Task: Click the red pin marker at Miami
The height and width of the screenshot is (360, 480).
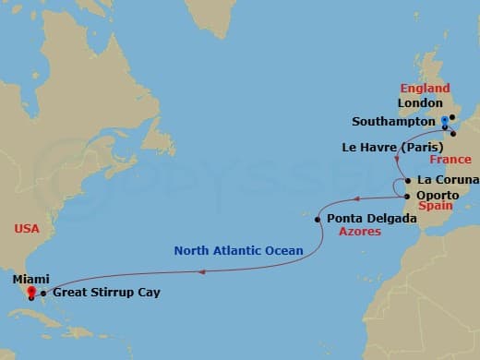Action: [32, 293]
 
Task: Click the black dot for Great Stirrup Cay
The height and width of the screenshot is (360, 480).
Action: [43, 293]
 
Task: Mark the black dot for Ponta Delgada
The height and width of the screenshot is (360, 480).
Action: [320, 219]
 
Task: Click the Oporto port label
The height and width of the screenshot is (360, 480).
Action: [438, 195]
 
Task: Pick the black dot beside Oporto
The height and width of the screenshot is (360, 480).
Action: [407, 195]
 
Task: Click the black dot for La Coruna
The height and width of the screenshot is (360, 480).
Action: [407, 179]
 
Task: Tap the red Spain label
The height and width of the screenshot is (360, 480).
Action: [435, 209]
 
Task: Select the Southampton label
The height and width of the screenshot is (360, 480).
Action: [394, 121]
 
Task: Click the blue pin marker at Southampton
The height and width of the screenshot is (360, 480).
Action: [444, 121]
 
